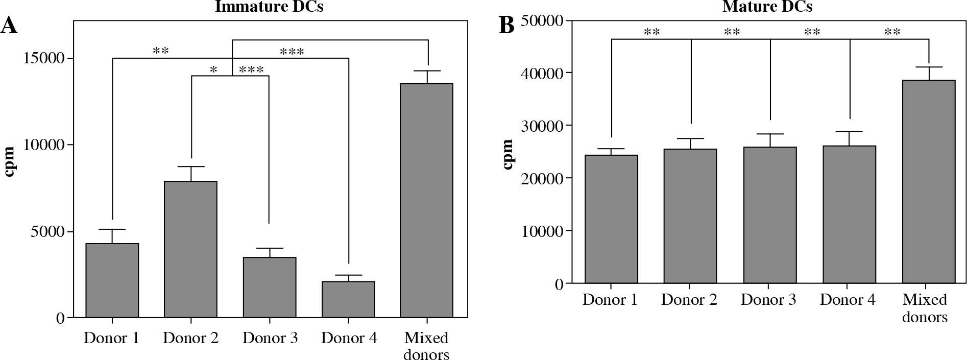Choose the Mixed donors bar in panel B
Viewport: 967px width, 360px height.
tap(929, 181)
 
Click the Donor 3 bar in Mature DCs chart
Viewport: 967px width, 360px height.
tap(770, 215)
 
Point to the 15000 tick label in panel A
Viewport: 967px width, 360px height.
tap(45, 58)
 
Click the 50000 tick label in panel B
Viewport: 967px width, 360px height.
tap(542, 21)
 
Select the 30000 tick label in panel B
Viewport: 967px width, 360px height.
tap(542, 126)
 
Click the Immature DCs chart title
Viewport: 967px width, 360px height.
tap(269, 7)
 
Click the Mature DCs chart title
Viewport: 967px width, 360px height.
tap(767, 7)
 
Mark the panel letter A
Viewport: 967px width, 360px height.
tap(9, 26)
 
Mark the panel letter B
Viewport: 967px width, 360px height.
tap(506, 26)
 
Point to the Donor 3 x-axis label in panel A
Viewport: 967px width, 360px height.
tap(270, 338)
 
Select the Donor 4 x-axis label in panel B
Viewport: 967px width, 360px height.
tap(848, 300)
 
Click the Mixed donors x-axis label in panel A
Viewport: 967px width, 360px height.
tap(426, 346)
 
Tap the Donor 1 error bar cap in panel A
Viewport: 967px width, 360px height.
tap(112, 229)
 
